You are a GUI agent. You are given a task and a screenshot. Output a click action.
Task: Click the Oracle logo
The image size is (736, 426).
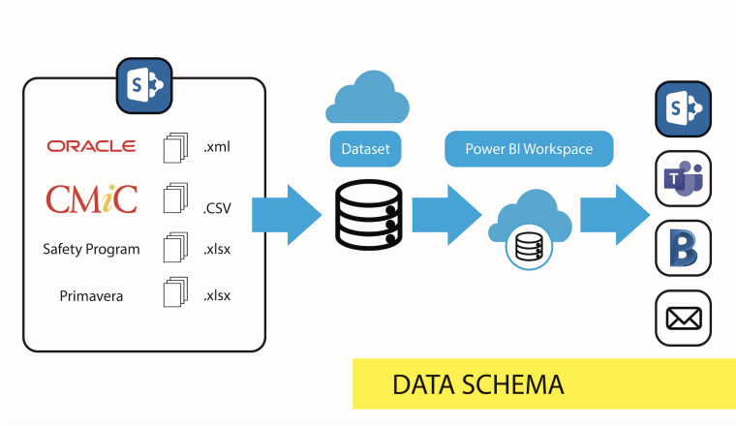[91, 146]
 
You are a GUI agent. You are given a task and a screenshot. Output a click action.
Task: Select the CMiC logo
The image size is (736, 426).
[92, 198]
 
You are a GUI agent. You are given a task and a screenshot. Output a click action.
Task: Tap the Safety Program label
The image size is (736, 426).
[91, 249]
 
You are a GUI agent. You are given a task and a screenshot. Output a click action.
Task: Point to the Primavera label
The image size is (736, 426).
[91, 296]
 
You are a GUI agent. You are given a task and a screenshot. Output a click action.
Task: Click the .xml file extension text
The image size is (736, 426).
[217, 147]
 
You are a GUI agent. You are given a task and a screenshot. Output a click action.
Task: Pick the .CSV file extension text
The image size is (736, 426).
[218, 205]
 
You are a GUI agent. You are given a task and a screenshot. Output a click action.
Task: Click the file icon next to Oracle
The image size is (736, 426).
[172, 147]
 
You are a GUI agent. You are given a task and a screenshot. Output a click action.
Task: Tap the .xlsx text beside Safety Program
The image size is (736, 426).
[218, 249]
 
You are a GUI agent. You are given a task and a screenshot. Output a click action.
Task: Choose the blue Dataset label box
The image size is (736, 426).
[365, 149]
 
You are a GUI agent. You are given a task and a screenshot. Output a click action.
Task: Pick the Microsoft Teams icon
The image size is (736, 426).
[684, 177]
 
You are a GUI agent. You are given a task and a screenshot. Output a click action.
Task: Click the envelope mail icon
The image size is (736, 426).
[684, 318]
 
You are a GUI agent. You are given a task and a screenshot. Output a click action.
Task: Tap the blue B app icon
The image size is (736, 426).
[684, 248]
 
